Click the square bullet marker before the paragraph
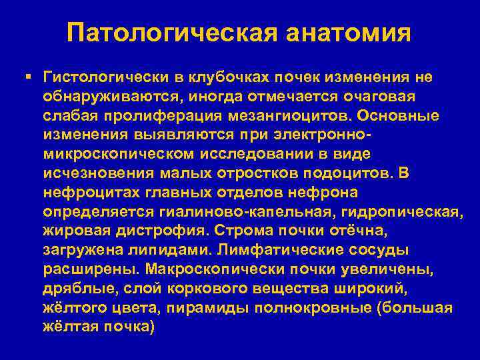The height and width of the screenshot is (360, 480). (27, 78)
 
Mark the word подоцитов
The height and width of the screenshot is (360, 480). (347, 174)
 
